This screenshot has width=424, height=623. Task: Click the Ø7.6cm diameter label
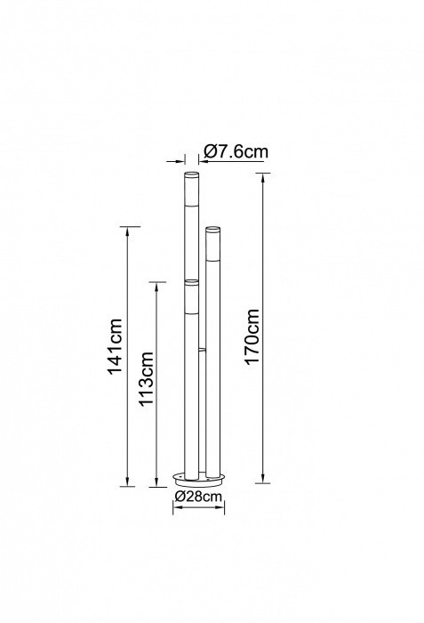point(236,151)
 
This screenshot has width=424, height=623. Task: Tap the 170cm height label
point(252,336)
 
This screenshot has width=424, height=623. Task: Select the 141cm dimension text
point(116,346)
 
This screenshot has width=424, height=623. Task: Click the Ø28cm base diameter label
point(198,496)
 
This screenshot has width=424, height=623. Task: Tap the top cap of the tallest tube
point(191,174)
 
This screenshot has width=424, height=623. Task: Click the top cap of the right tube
point(212,229)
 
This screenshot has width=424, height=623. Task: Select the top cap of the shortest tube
point(191,282)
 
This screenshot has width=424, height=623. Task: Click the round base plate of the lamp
point(198,480)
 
